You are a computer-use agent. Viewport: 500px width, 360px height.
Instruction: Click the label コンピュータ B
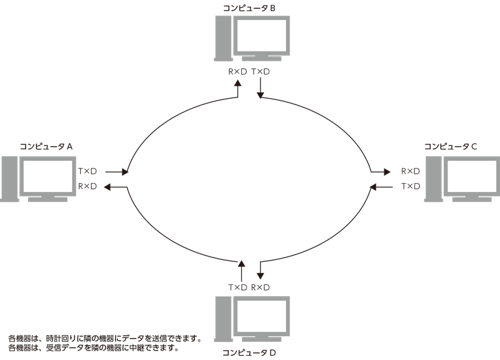pos(249,8)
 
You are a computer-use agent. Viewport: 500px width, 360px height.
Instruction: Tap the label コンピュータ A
pos(46,146)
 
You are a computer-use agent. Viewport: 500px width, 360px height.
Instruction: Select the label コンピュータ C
pos(450,146)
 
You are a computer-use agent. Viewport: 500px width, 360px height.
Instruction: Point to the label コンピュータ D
pos(249,352)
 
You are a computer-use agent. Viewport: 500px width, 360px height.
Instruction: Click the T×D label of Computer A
pos(87,171)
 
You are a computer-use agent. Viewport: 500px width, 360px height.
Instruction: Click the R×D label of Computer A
pos(87,186)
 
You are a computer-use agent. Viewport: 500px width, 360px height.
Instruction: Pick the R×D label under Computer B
pos(237,72)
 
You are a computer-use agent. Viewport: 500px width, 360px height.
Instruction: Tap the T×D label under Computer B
pos(261,72)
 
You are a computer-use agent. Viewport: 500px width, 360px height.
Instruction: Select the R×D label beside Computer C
pos(411,171)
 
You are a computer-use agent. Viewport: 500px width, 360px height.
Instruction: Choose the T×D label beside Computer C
pos(411,186)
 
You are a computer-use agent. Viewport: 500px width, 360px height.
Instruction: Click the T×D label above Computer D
pos(237,287)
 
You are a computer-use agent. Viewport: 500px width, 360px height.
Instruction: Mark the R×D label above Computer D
pos(261,287)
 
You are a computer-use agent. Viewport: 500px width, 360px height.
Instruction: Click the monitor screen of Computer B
pos(261,36)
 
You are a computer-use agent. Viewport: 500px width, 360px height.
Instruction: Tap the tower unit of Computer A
pos(9,179)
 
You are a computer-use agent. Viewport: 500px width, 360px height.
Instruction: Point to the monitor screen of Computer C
pos(472,176)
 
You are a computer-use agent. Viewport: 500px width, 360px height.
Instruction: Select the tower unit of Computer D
pos(223,319)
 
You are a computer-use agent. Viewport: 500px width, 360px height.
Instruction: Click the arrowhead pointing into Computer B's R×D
pos(237,83)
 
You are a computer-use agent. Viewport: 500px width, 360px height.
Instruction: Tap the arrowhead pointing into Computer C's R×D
pos(387,172)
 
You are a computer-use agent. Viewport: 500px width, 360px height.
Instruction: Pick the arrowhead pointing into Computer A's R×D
pos(107,187)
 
